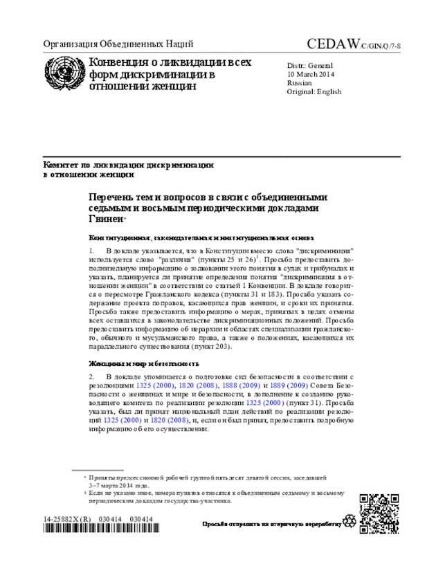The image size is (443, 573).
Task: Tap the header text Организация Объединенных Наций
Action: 118,44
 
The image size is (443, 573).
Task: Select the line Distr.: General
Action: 309,65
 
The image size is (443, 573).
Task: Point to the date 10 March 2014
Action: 311,74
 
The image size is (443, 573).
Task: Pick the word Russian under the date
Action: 299,83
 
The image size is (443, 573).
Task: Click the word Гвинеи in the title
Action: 105,219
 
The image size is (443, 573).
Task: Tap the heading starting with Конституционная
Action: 201,236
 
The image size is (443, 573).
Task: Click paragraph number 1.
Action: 91,248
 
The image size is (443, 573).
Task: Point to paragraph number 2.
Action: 91,376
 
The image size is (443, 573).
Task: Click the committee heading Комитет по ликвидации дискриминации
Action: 128,165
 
